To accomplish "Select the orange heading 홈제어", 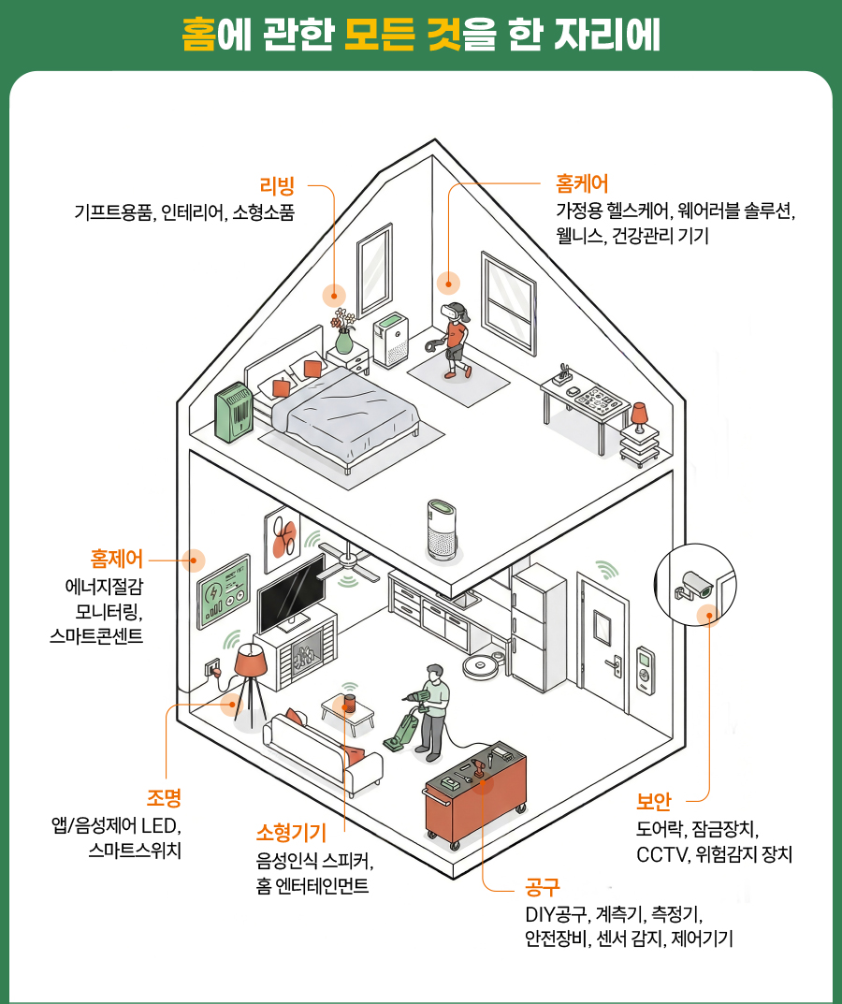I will tap(117, 560).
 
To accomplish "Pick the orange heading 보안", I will tap(654, 802).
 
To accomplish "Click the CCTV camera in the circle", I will tap(696, 585).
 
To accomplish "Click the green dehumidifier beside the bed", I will tap(234, 413).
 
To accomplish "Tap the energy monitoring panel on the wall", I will tap(224, 592).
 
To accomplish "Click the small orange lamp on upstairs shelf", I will tap(639, 413).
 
